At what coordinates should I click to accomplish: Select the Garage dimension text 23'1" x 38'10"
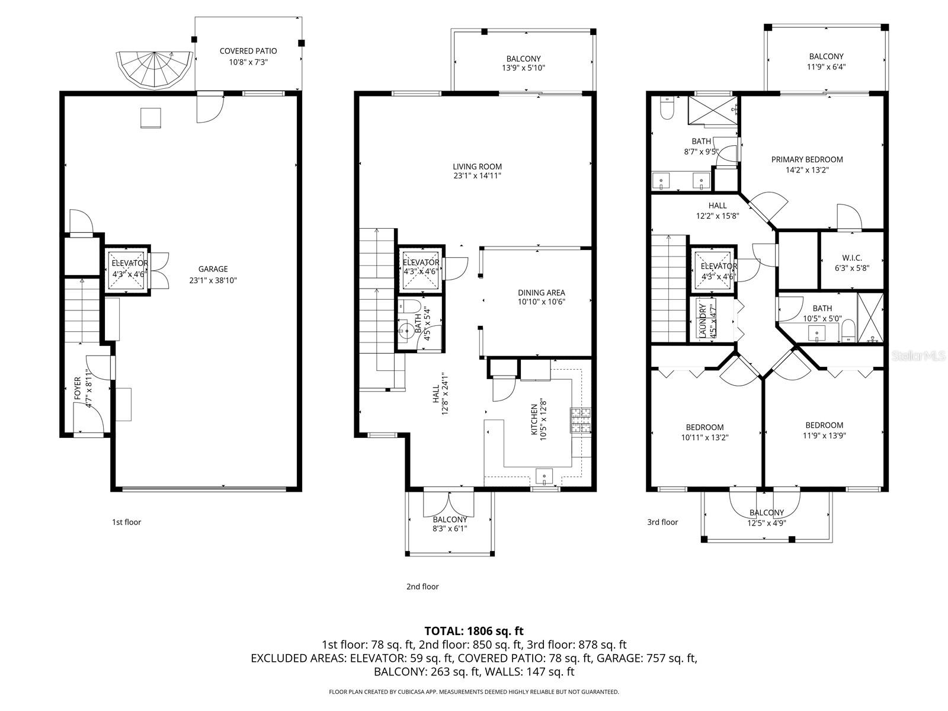click(213, 280)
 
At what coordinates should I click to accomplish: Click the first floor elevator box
click(126, 268)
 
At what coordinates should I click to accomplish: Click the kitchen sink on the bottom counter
click(543, 475)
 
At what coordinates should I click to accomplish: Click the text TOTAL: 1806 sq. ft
click(473, 631)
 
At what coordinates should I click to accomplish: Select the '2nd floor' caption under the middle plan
click(422, 587)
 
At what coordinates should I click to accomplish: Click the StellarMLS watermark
click(919, 355)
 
